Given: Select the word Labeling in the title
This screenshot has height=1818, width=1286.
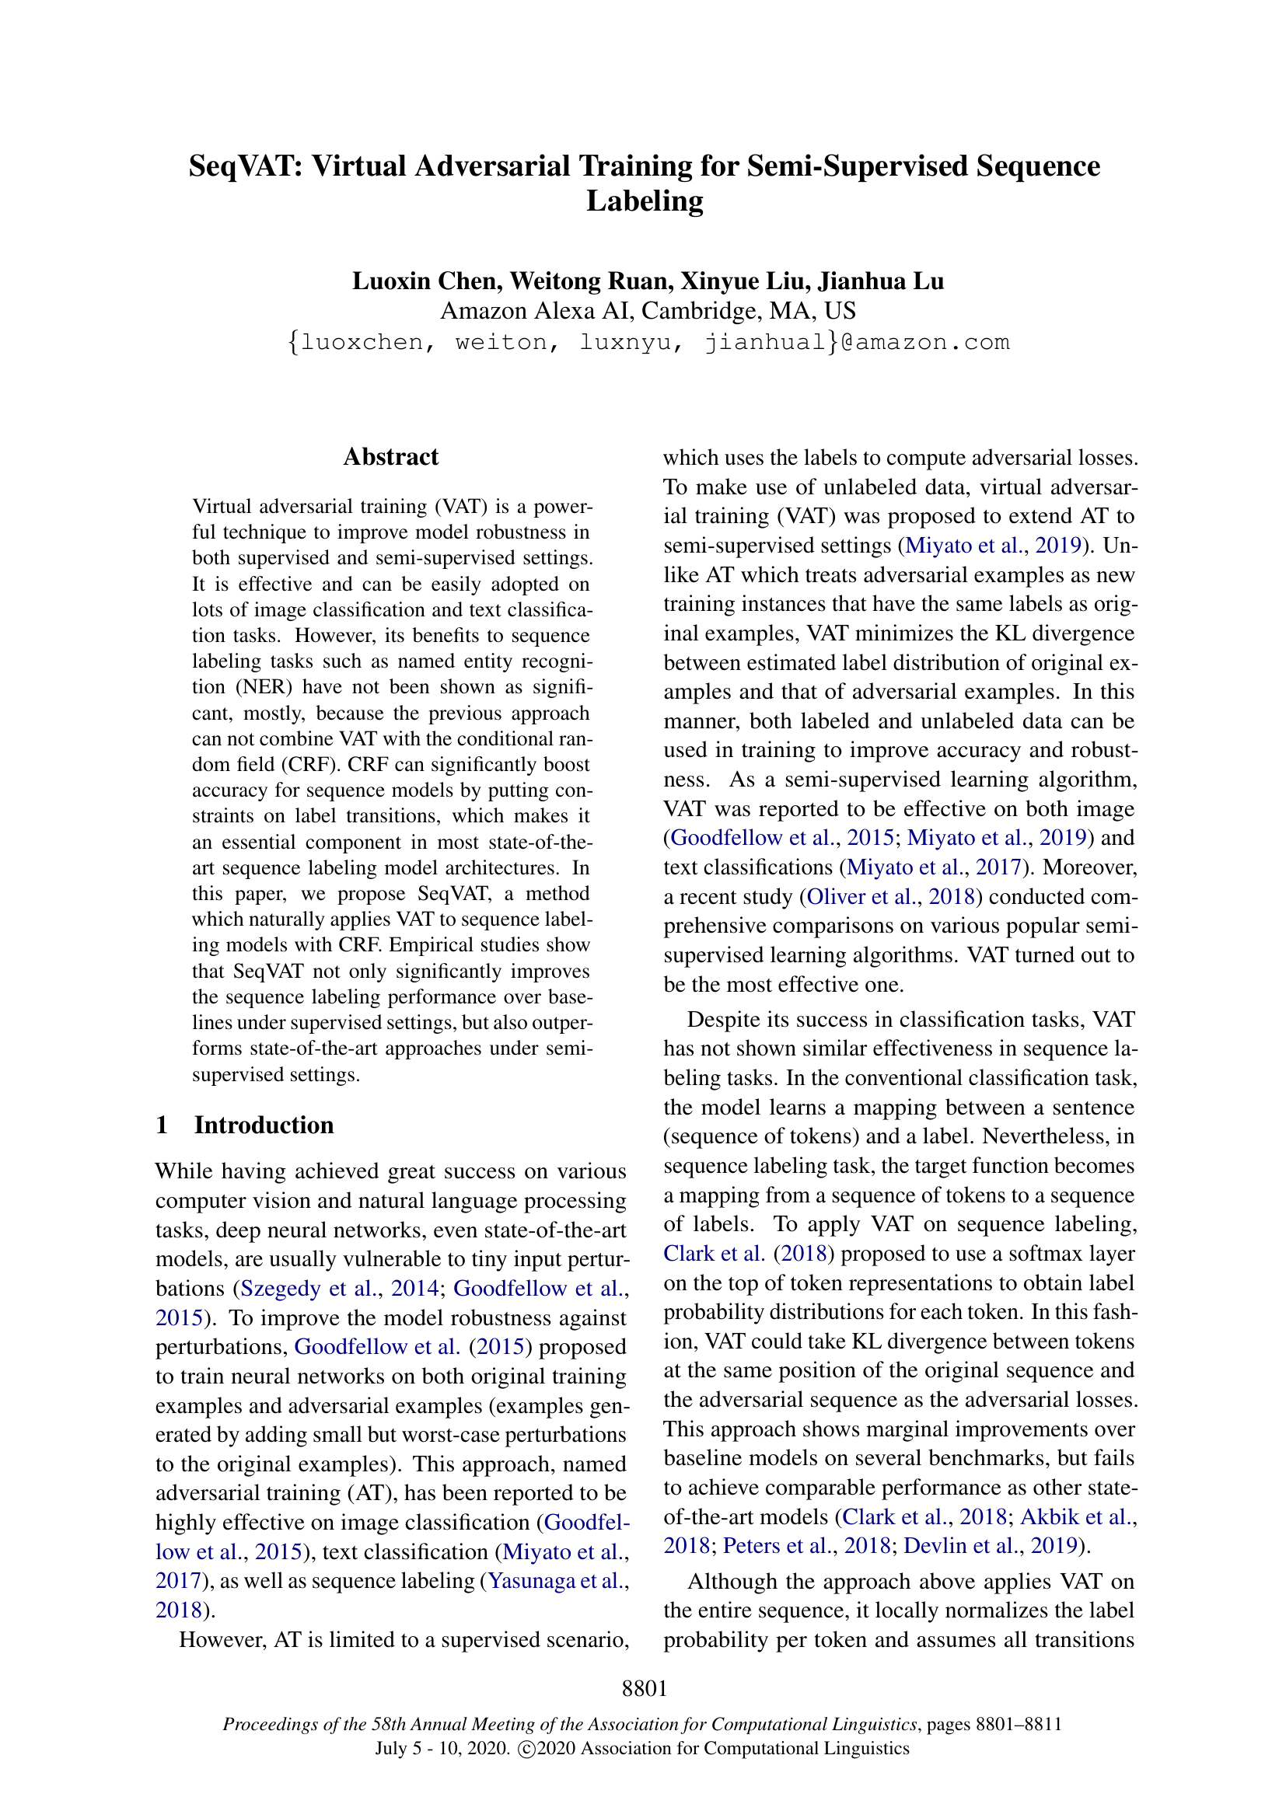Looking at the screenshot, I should pyautogui.click(x=645, y=201).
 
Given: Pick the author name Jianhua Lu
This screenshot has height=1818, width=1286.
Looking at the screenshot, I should pyautogui.click(x=881, y=281).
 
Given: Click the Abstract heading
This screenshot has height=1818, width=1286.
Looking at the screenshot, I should pyautogui.click(x=390, y=457).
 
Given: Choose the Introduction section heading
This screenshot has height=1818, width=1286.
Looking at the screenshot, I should pyautogui.click(x=264, y=1125).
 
